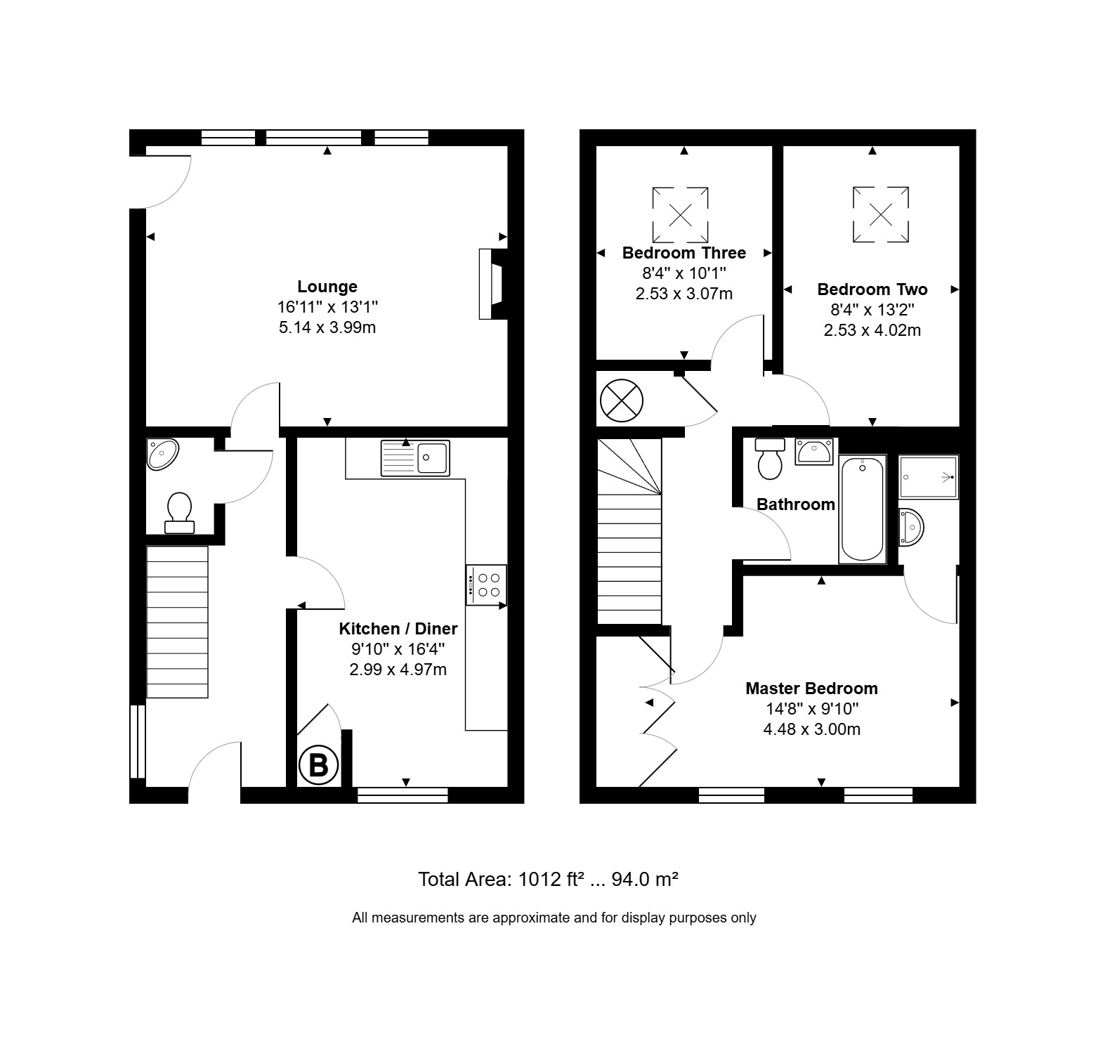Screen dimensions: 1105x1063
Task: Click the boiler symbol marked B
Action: point(318,765)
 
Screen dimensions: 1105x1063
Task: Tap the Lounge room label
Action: point(327,287)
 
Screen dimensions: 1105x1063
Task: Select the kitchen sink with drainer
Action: point(415,458)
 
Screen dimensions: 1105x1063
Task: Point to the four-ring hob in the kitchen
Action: point(486,585)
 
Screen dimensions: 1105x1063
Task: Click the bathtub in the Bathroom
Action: point(862,509)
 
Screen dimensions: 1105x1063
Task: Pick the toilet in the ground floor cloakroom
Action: point(180,513)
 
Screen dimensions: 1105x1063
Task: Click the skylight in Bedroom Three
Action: point(680,214)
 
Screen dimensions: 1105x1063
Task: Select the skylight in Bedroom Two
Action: point(881,214)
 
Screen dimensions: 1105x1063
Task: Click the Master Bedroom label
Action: point(811,689)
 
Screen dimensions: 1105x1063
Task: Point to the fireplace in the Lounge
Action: point(492,284)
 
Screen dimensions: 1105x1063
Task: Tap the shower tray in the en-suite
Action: point(928,476)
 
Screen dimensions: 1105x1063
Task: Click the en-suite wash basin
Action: point(910,526)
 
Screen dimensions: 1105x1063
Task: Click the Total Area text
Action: point(548,879)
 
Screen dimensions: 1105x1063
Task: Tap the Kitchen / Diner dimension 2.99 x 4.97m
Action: point(398,670)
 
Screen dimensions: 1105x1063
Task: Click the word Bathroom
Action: point(796,504)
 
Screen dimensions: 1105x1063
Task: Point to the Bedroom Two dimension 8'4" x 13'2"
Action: point(872,310)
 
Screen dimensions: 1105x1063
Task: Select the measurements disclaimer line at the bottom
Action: point(554,918)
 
